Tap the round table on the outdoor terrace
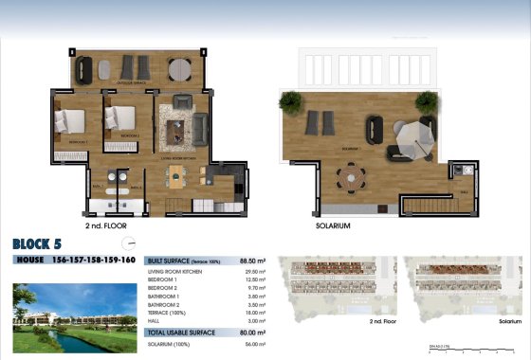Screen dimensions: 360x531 [179, 67]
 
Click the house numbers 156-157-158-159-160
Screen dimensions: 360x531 [96, 260]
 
